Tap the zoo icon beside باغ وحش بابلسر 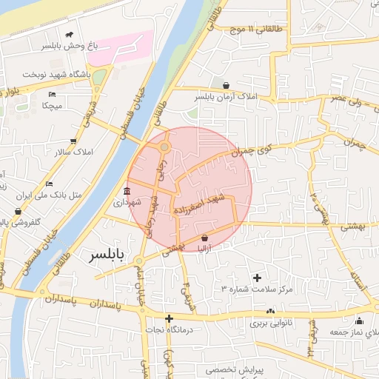tap(70, 35)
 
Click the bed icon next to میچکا tap(52, 95)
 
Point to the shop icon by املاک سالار tap(73, 141)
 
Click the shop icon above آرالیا tap(204, 238)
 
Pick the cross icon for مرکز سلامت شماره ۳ tap(257, 278)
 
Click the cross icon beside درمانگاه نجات tap(169, 318)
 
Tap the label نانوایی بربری tap(272, 323)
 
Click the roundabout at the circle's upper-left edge tap(164, 148)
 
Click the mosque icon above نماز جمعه tap(359, 321)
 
